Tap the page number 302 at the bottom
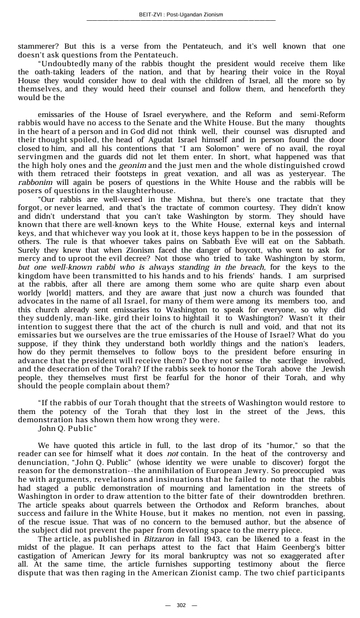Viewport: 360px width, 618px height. tap(181, 605)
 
